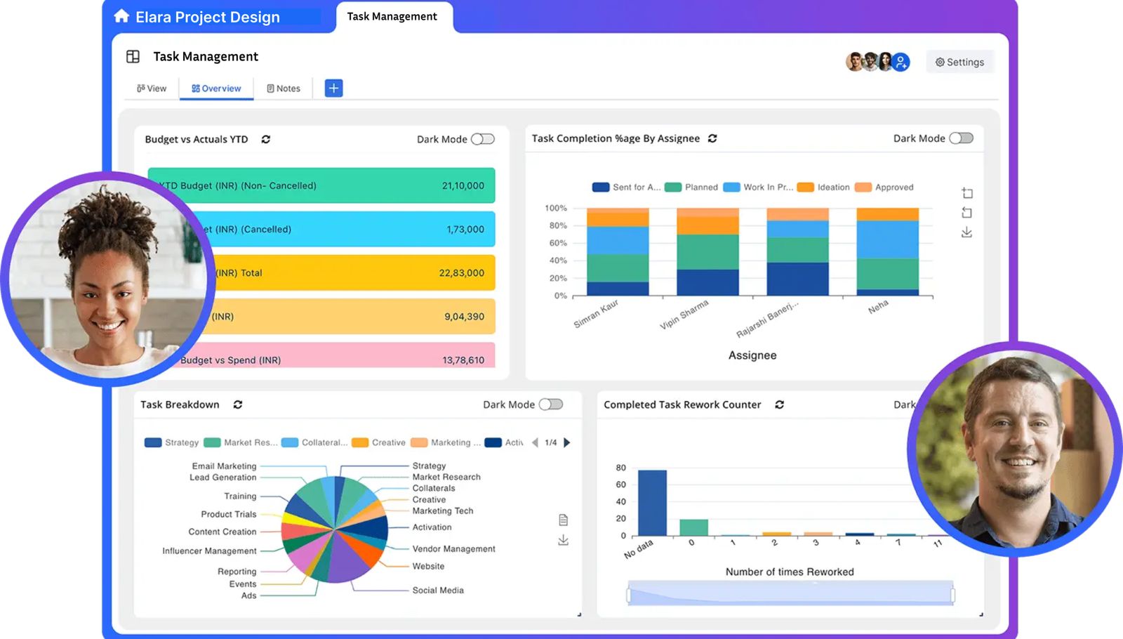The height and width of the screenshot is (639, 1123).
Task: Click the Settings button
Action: pos(959,62)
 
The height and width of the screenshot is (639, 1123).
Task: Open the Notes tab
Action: pos(284,88)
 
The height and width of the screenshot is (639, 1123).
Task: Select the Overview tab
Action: pos(216,88)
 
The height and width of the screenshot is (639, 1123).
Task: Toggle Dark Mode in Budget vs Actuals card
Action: pos(482,139)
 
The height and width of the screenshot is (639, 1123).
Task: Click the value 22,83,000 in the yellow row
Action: pos(461,273)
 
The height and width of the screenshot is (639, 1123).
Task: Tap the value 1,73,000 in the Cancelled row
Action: pos(465,230)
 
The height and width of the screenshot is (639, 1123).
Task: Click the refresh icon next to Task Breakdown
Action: pos(238,404)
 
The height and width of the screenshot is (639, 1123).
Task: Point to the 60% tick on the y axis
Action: pos(558,243)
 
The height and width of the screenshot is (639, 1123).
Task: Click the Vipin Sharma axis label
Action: pos(684,315)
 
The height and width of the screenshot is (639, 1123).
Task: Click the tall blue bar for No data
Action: pos(652,503)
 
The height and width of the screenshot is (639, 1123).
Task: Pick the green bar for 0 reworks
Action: pos(693,527)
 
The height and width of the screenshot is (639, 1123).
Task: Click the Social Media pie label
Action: pos(438,591)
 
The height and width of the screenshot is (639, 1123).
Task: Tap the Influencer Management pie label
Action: pos(209,551)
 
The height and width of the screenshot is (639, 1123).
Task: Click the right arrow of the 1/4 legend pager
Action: pos(567,442)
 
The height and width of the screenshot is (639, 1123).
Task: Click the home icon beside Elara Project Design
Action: pos(121,16)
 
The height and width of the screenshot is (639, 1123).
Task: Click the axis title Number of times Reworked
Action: pos(789,572)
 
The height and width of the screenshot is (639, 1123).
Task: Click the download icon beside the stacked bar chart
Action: pos(966,232)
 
